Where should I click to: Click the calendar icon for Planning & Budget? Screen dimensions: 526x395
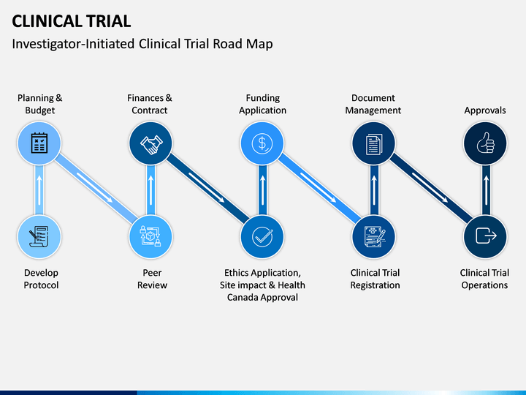click(x=39, y=143)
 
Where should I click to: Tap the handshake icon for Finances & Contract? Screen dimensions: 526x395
click(x=151, y=144)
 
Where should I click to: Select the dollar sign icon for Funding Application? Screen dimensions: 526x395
click(x=262, y=143)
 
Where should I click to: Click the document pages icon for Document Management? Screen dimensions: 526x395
click(x=374, y=144)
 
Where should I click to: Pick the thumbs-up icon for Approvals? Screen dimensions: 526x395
click(x=485, y=143)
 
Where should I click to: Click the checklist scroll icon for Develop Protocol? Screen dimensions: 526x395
click(x=39, y=236)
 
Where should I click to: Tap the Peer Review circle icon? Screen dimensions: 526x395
click(x=150, y=236)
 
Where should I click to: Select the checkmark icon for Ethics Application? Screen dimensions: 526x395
click(x=262, y=236)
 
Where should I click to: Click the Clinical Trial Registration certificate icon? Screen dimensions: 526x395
click(x=374, y=236)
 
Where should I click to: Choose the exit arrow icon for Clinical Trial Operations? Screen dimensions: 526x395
click(x=486, y=236)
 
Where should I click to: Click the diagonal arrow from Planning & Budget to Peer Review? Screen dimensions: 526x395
click(x=95, y=187)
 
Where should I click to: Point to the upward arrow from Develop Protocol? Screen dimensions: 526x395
click(x=39, y=189)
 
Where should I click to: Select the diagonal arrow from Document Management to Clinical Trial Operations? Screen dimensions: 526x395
click(x=430, y=187)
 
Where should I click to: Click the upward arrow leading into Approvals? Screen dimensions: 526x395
click(x=486, y=189)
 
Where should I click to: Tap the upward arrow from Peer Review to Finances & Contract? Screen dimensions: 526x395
click(x=150, y=189)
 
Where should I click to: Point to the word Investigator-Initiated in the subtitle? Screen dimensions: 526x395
click(x=73, y=44)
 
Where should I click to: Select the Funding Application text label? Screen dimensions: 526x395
click(x=263, y=104)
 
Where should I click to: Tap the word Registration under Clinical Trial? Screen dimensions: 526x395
click(x=375, y=285)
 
